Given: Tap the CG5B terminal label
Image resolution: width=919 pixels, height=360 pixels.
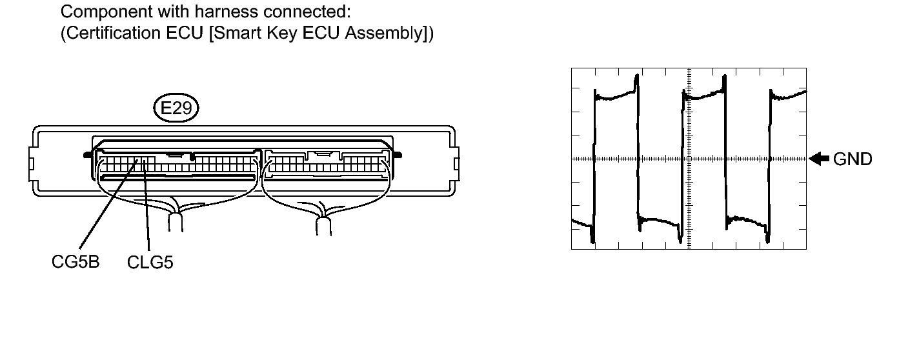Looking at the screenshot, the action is tap(76, 261).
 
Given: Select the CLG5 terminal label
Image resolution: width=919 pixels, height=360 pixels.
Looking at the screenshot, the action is tap(150, 263).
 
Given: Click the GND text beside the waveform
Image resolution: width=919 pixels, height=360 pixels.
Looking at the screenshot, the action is tap(853, 159).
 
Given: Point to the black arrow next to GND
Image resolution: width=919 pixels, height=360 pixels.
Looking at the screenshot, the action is tap(819, 159).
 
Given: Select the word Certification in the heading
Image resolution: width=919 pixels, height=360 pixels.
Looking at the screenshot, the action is tap(113, 33).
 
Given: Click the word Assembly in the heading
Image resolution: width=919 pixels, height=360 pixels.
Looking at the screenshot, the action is tap(384, 33).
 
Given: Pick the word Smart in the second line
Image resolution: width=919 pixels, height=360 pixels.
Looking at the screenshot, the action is tap(237, 33).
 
